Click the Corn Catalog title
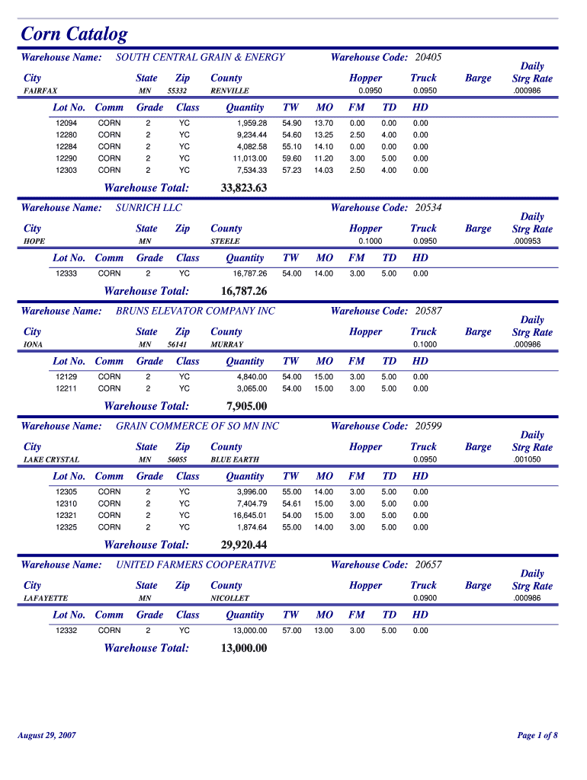pyautogui.click(x=74, y=34)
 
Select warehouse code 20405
pyautogui.click(x=428, y=57)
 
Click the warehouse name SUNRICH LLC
pyautogui.click(x=149, y=207)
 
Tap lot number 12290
pyautogui.click(x=66, y=158)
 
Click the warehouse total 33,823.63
pyautogui.click(x=244, y=188)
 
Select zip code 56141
pyautogui.click(x=178, y=344)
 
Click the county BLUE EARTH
pyautogui.click(x=235, y=460)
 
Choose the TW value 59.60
pyautogui.click(x=292, y=158)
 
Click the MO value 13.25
pyautogui.click(x=324, y=135)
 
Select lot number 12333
pyautogui.click(x=66, y=273)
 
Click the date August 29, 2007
pyautogui.click(x=47, y=735)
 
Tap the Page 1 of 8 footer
pyautogui.click(x=537, y=735)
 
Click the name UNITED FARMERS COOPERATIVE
pyautogui.click(x=196, y=564)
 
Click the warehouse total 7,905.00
pyautogui.click(x=247, y=406)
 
